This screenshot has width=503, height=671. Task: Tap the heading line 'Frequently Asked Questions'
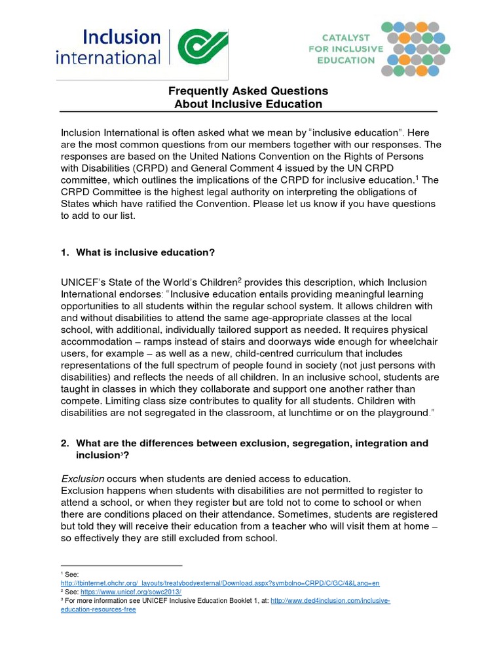click(x=248, y=91)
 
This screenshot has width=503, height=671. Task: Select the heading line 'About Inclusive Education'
click(x=248, y=104)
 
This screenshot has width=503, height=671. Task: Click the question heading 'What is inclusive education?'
click(x=145, y=252)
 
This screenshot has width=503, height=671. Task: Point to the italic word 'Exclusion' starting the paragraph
click(x=82, y=478)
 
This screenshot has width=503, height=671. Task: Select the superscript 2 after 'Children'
click(x=240, y=280)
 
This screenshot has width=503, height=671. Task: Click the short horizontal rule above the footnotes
click(x=121, y=566)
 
